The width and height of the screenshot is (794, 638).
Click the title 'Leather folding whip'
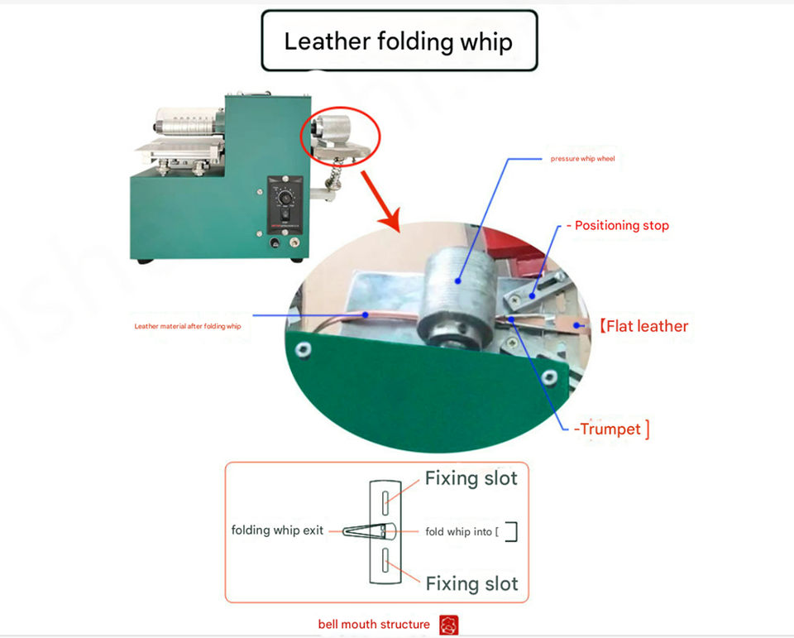[x=399, y=41]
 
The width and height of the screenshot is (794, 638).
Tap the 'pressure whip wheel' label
[x=582, y=158]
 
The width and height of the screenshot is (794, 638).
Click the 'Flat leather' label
[x=644, y=326]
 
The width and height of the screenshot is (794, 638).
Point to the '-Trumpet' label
[x=611, y=429]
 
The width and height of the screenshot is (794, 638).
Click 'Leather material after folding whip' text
[x=188, y=327]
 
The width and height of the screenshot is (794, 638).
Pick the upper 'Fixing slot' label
[x=471, y=478]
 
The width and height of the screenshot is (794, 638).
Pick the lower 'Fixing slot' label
[x=471, y=583]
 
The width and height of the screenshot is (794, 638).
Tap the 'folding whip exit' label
[x=277, y=530]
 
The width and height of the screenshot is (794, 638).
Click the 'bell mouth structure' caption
[x=374, y=624]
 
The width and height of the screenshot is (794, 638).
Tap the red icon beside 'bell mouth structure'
[x=449, y=625]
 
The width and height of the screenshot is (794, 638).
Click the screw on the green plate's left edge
[x=305, y=350]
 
